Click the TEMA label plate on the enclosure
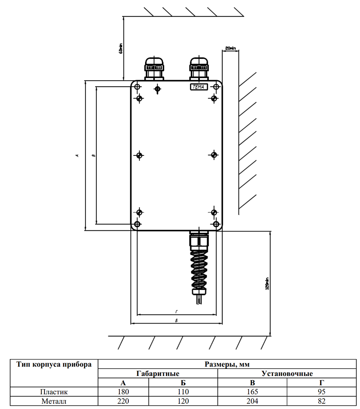click(x=199, y=87)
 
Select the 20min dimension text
click(x=230, y=48)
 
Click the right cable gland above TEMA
click(x=199, y=68)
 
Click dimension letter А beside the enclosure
click(x=77, y=155)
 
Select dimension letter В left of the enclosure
click(x=93, y=155)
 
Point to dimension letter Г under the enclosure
click(x=176, y=312)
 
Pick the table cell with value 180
click(x=123, y=391)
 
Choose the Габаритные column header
click(x=158, y=373)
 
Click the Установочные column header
click(x=287, y=373)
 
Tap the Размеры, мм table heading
click(x=227, y=364)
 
